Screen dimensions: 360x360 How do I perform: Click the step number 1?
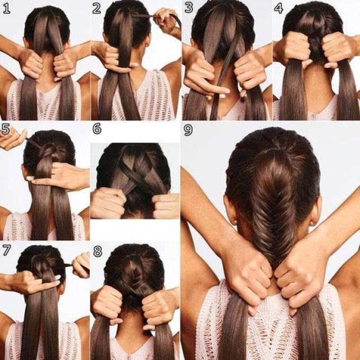[6, 8]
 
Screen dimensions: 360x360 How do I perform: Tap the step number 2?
[97, 8]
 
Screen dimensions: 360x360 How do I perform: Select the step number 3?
[188, 8]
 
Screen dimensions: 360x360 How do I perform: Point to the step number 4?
[278, 8]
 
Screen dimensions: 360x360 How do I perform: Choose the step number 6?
[97, 129]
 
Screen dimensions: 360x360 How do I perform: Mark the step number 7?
[6, 250]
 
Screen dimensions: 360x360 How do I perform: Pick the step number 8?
[97, 251]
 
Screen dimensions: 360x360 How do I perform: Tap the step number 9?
[188, 130]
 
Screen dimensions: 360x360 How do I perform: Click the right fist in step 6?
[166, 205]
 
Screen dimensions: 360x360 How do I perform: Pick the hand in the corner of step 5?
[12, 138]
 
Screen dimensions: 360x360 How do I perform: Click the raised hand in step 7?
[81, 265]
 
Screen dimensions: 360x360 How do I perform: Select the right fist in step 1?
[64, 65]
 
